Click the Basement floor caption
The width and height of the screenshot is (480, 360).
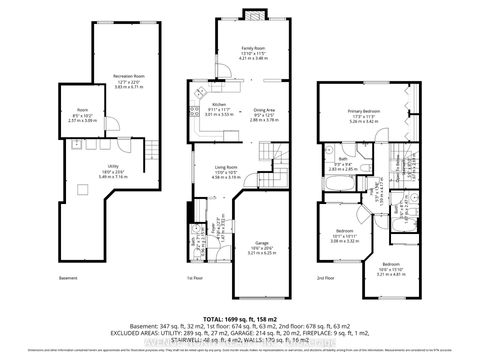pos(66,278)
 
